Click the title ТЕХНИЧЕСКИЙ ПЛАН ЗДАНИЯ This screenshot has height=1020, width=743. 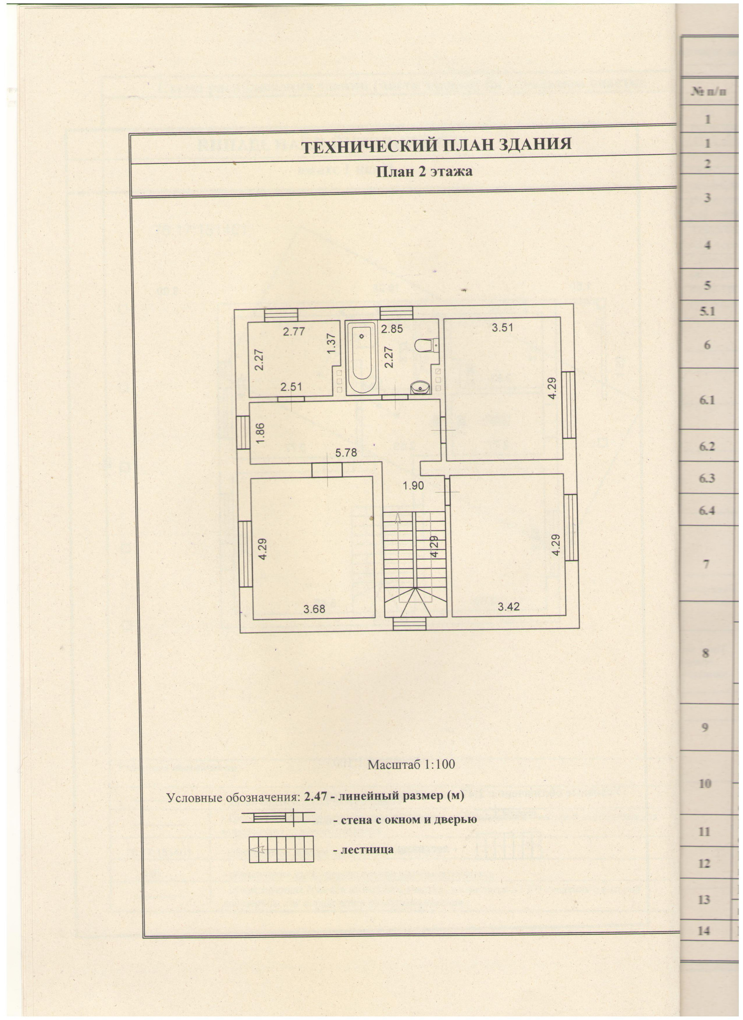pos(436,145)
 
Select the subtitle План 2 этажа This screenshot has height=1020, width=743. pos(424,171)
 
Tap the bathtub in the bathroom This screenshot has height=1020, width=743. pos(363,357)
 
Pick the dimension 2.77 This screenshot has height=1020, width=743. pos(294,332)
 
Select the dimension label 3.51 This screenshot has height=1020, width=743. pos(502,327)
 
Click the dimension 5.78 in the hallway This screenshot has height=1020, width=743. pos(346,453)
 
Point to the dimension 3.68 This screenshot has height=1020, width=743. pos(314,609)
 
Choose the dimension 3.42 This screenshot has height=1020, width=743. pos(508,607)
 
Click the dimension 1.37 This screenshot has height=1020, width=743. pos(332,344)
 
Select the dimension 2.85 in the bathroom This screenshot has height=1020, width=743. pos(392,329)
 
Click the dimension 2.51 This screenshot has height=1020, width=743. pos(291,387)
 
